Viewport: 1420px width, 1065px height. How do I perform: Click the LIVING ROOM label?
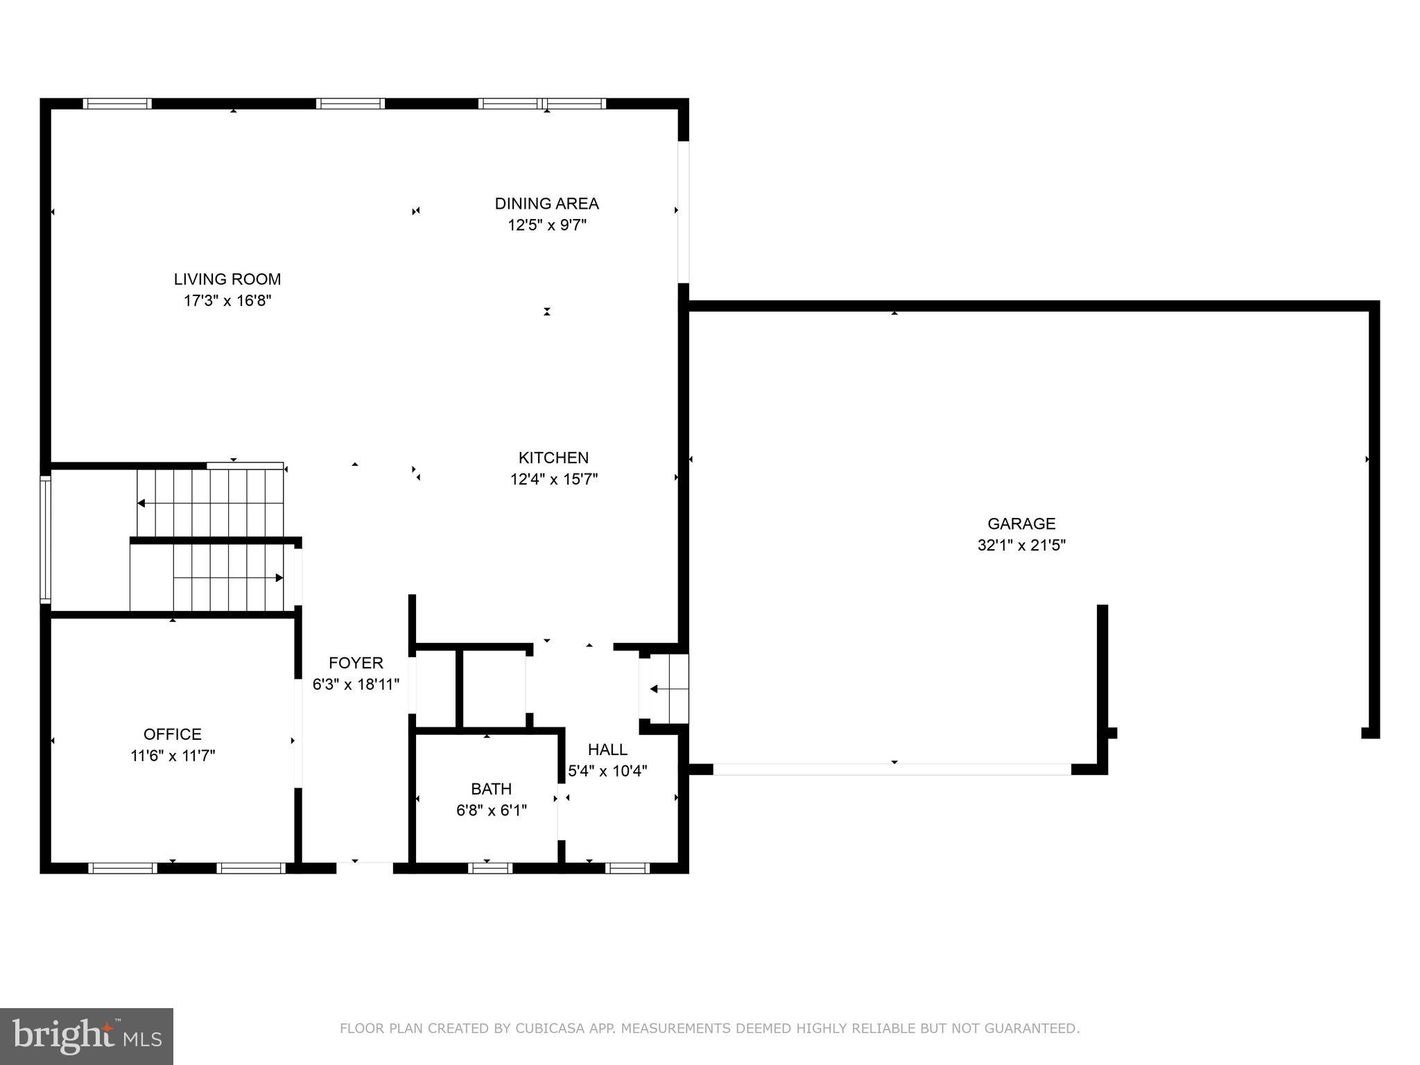point(227,279)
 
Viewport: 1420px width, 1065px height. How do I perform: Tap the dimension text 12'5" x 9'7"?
point(547,225)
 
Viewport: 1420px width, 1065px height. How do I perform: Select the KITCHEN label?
point(553,458)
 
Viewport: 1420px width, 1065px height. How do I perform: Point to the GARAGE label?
point(1021,523)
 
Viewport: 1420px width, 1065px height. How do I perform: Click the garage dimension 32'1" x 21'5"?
point(1021,545)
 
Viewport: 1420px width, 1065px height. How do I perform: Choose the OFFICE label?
point(172,734)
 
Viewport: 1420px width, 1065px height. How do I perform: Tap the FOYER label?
point(356,663)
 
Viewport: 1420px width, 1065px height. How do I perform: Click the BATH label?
point(491,789)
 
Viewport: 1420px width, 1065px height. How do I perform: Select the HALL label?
point(607,750)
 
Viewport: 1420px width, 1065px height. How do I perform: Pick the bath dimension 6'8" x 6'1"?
point(491,811)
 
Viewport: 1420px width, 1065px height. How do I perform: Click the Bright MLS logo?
point(87,1036)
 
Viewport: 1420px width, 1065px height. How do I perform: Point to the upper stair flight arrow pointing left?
point(141,503)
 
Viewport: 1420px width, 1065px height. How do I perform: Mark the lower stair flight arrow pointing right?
point(279,578)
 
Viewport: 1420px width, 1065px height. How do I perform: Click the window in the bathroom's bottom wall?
point(490,868)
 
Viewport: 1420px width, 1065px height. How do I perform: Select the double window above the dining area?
point(542,104)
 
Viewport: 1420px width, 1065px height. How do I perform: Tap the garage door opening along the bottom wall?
point(892,769)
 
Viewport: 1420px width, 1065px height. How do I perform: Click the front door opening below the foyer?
point(364,867)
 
